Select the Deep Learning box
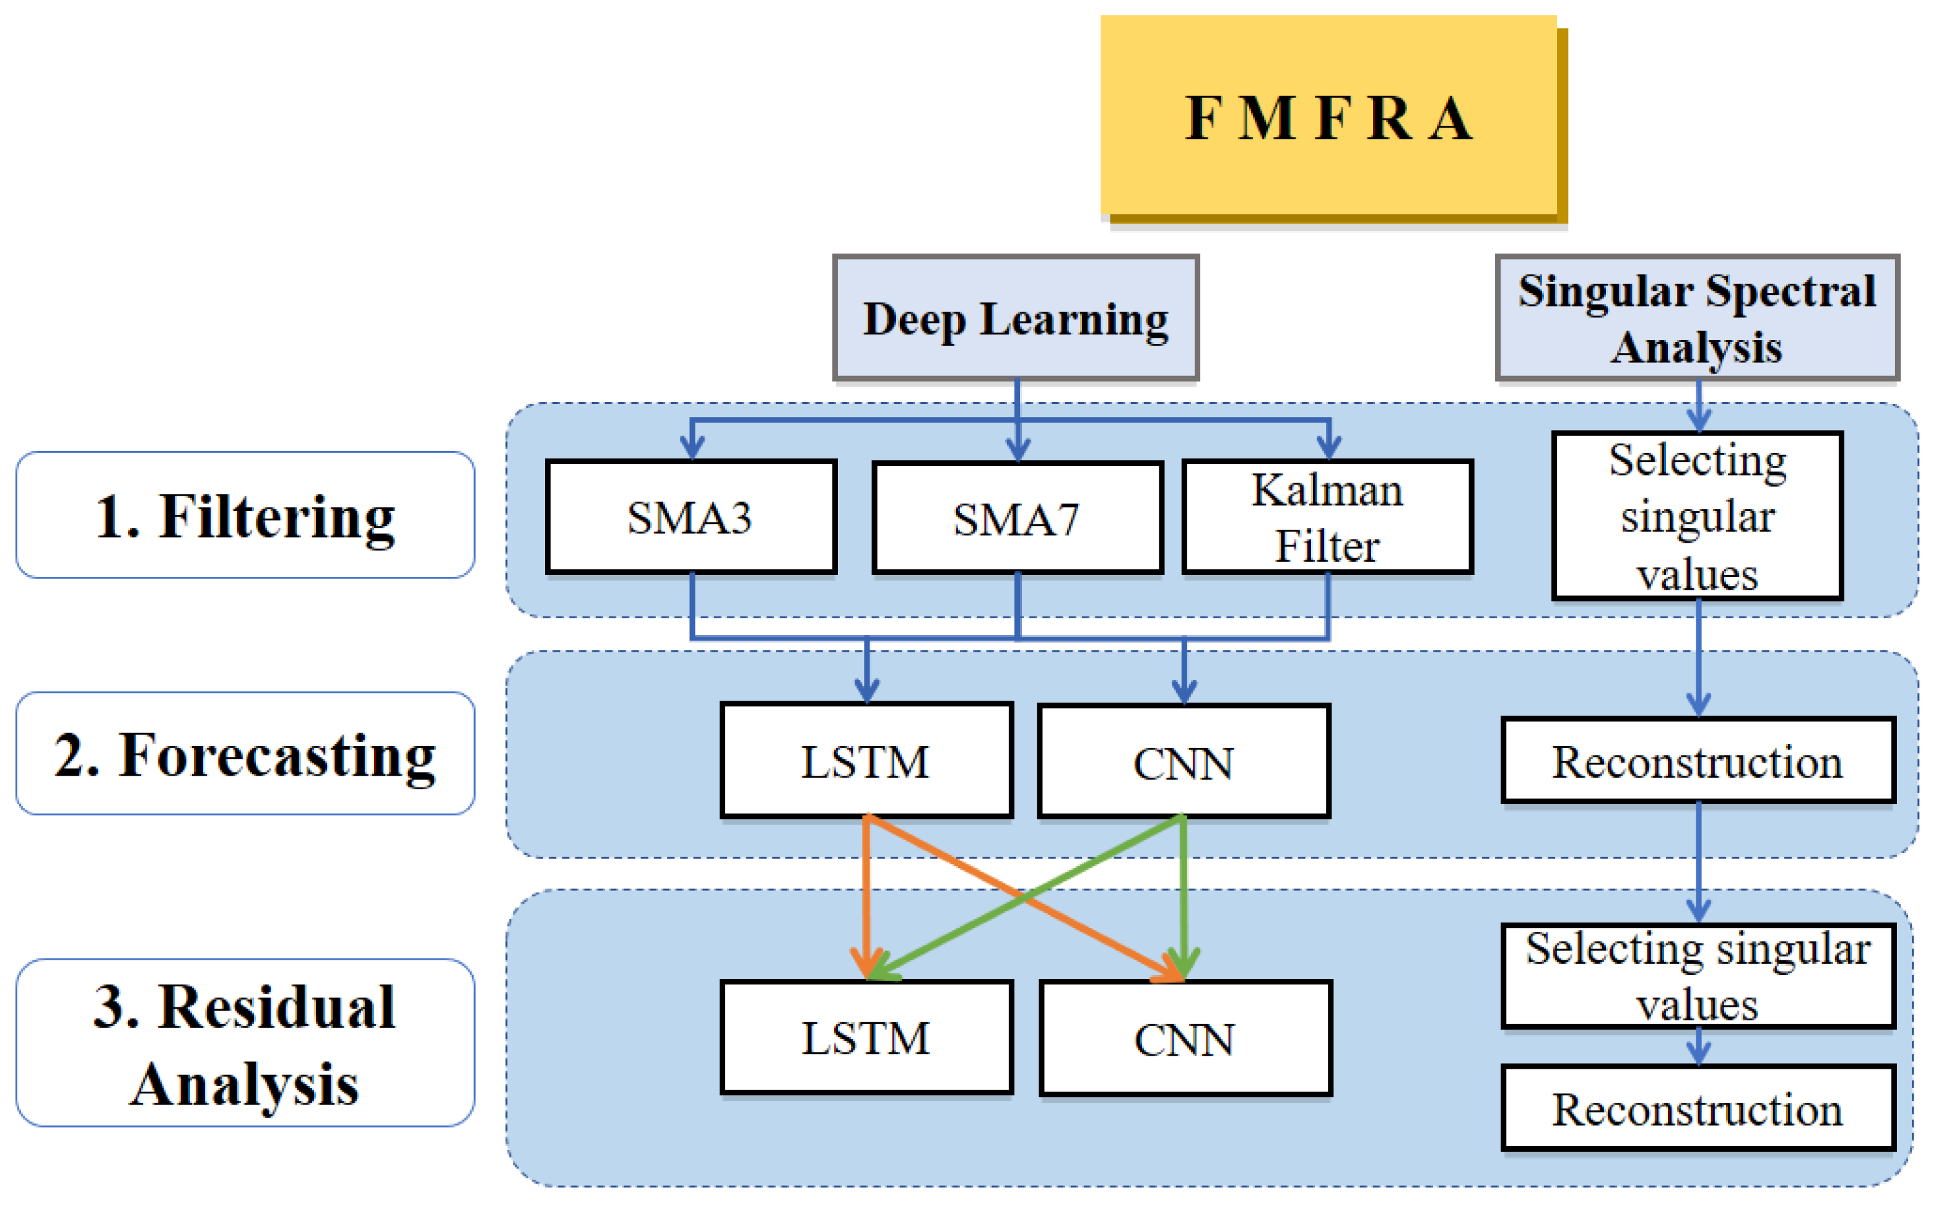(x=1016, y=318)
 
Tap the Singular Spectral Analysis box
(x=1697, y=318)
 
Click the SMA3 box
(x=691, y=517)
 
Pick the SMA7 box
(x=1018, y=518)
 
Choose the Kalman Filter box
(x=1327, y=517)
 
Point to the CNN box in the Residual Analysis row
(x=1185, y=1038)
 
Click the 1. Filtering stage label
(x=245, y=515)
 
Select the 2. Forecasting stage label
(x=245, y=753)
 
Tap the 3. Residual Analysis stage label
(x=245, y=1043)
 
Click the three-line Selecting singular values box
(x=1698, y=515)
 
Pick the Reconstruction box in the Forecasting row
(x=1698, y=760)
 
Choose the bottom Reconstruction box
(x=1698, y=1108)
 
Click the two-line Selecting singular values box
(x=1698, y=976)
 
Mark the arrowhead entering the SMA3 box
(x=692, y=448)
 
